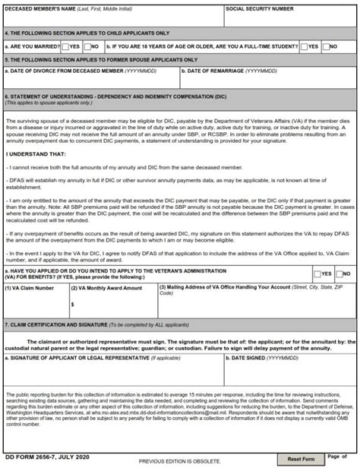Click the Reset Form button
pos(301,460)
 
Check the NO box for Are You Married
pos(87,46)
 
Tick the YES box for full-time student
pos(304,46)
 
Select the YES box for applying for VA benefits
pos(317,273)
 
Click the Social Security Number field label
pos(260,9)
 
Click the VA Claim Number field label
pos(29,288)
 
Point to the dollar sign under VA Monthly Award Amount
pos(71,304)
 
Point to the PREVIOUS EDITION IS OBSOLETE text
pos(179,461)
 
